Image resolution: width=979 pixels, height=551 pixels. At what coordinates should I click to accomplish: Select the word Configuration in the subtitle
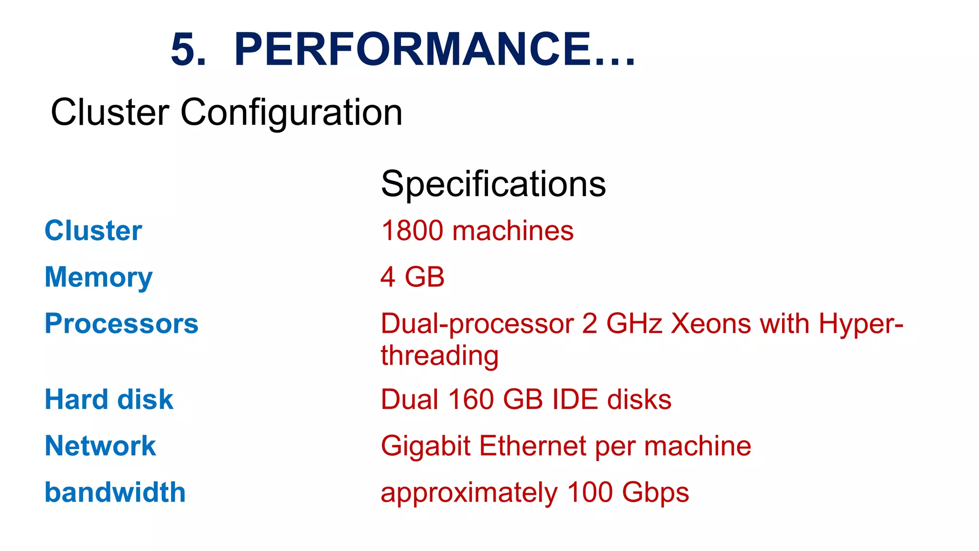click(291, 112)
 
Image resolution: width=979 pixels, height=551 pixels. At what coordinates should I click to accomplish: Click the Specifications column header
click(493, 184)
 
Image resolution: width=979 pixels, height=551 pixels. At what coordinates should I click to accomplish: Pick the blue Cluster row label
click(93, 231)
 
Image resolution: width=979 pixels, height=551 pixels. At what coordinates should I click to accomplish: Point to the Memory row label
click(98, 277)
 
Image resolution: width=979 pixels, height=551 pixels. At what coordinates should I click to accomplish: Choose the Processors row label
click(121, 324)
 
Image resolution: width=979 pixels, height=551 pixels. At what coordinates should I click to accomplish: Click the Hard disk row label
click(109, 399)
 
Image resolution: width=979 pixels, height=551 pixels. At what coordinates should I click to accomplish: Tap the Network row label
click(100, 446)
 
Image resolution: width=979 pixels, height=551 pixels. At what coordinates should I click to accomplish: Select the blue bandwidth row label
click(115, 492)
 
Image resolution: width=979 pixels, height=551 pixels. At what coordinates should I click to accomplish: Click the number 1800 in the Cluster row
click(412, 231)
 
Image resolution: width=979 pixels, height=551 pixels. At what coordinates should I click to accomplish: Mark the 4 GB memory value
click(413, 277)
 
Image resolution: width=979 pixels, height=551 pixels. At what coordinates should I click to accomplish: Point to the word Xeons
click(710, 324)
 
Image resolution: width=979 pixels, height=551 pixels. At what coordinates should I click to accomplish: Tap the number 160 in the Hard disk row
click(470, 399)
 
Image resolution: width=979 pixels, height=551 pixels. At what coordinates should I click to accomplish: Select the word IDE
click(575, 399)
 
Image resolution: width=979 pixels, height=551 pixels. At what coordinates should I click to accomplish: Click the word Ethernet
click(532, 446)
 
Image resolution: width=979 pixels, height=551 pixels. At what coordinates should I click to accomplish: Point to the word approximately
click(469, 493)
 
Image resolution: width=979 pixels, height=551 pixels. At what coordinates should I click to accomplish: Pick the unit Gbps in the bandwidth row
click(655, 493)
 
